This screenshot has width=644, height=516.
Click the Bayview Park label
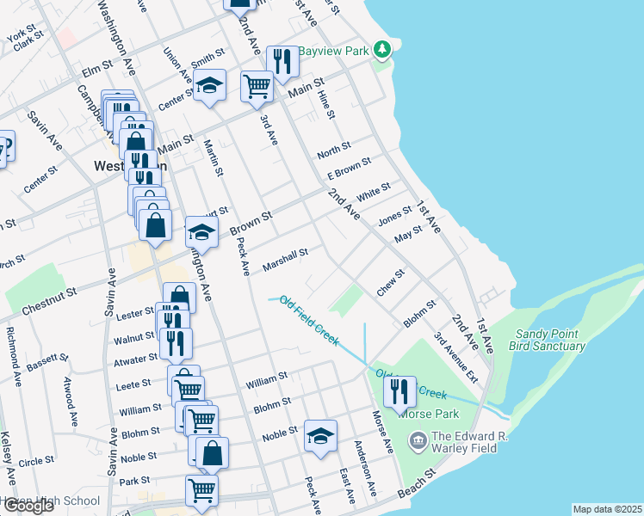(333, 51)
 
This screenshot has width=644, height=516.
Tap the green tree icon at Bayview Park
(382, 51)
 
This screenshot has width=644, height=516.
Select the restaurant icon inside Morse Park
(399, 392)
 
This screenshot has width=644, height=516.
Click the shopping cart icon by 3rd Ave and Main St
(257, 86)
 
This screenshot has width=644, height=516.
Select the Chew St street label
(390, 284)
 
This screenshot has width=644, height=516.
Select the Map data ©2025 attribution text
(607, 509)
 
